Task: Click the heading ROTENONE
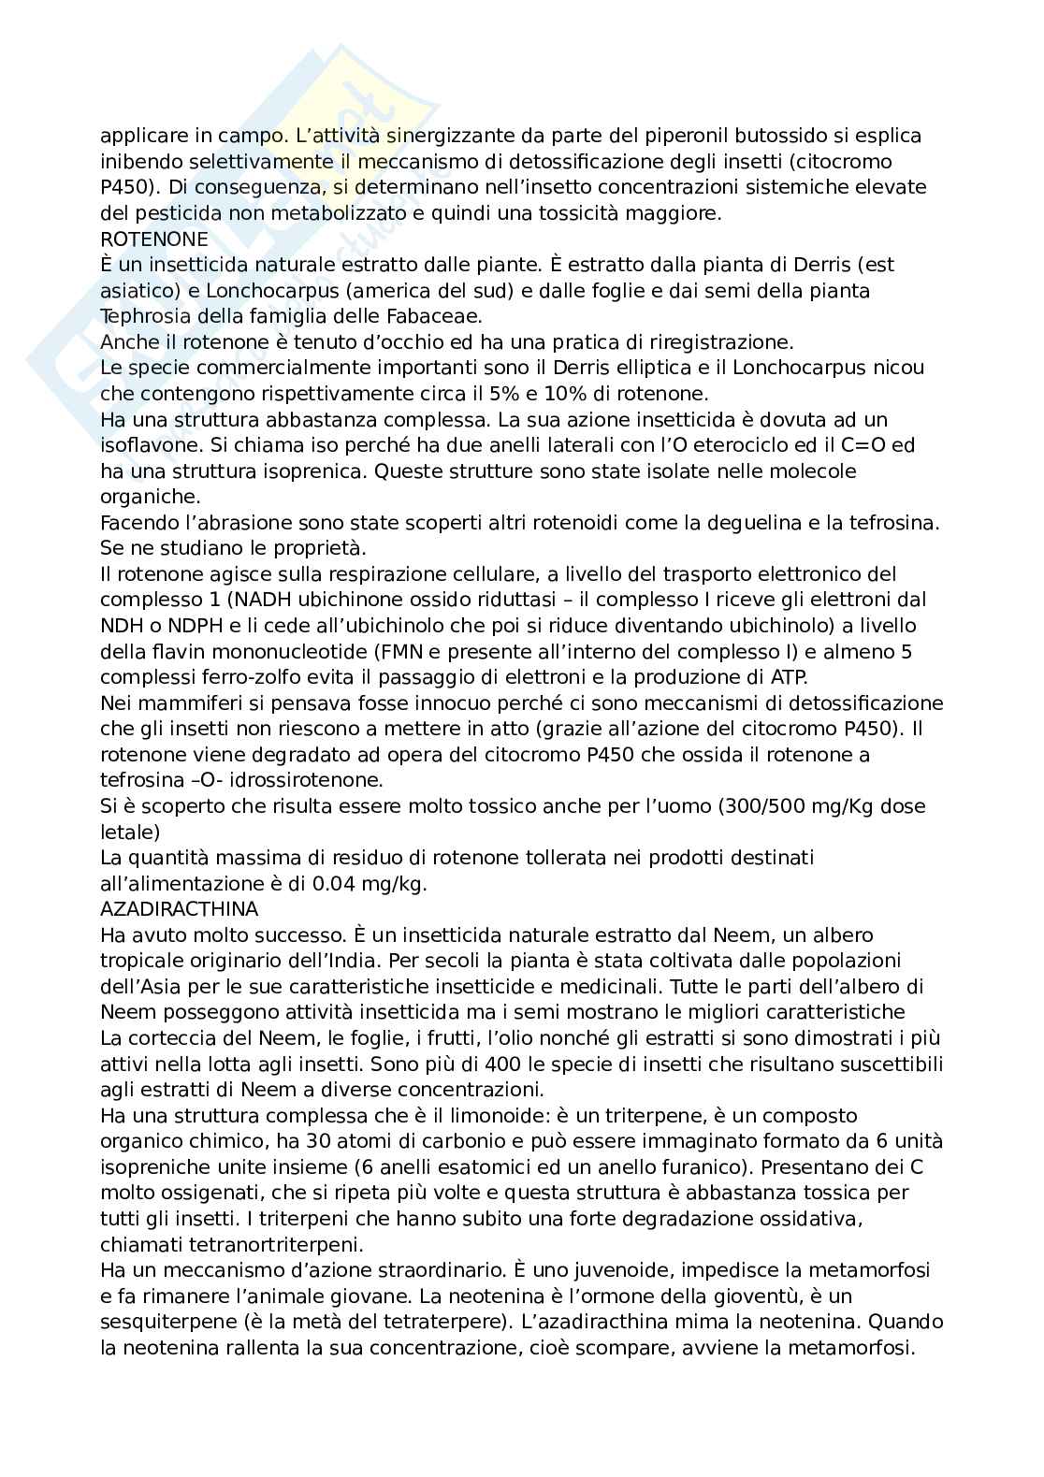154,239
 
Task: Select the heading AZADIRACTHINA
179,908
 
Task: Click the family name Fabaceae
435,316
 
